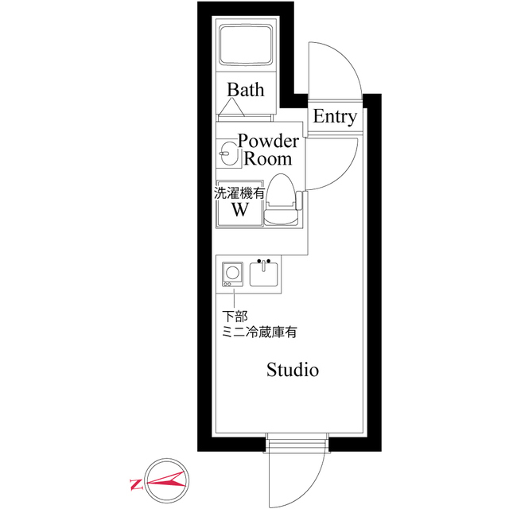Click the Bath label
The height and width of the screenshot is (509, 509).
point(245,89)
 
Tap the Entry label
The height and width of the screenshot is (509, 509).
point(335,117)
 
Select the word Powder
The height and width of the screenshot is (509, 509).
point(269,142)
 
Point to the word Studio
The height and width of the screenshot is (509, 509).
point(293,370)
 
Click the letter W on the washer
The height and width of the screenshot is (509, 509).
point(239,210)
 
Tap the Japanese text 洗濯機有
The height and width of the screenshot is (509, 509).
point(238,192)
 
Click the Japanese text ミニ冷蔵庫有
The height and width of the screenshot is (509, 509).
point(259,332)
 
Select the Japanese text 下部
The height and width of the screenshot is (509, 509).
point(235,317)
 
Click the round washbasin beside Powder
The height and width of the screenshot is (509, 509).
point(229,153)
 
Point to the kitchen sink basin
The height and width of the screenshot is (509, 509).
point(263,275)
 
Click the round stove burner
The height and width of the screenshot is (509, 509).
point(231,270)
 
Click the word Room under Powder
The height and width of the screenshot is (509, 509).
point(267,159)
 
